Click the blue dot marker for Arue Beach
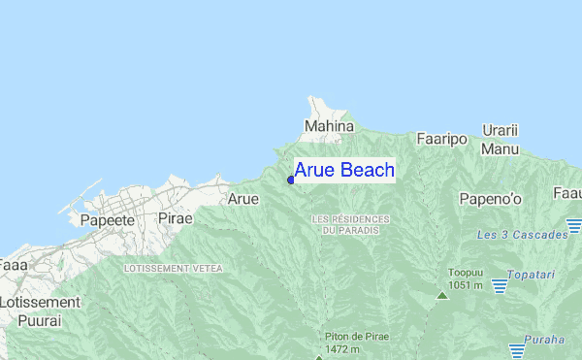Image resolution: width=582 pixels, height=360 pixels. click(291, 180)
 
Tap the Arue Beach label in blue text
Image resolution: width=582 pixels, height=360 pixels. click(344, 171)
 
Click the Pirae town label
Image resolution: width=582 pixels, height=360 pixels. click(175, 219)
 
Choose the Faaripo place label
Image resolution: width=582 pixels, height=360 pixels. click(441, 140)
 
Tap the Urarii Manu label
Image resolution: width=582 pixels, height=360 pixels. click(501, 140)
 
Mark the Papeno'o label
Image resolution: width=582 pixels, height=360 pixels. click(490, 200)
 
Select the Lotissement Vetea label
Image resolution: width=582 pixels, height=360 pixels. click(174, 268)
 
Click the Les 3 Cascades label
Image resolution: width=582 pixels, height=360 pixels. click(523, 236)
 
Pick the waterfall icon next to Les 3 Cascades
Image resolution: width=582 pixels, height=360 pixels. click(574, 226)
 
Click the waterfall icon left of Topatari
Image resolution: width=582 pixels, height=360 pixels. click(500, 285)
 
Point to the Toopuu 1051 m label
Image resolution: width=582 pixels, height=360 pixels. click(466, 278)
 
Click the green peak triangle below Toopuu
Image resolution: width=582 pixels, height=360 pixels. click(442, 294)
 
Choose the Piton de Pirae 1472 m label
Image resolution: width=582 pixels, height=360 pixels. click(356, 342)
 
